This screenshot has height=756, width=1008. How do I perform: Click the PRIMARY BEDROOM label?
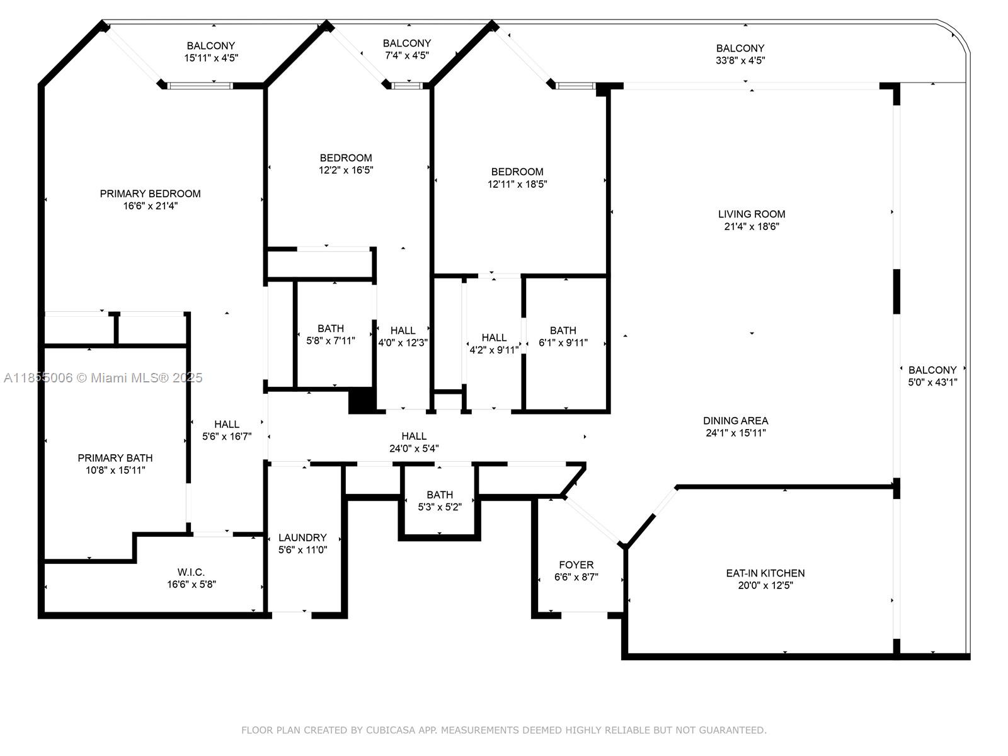click(x=150, y=193)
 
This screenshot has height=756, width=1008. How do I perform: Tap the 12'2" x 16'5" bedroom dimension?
click(x=346, y=170)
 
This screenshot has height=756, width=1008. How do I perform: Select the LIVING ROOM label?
click(x=752, y=214)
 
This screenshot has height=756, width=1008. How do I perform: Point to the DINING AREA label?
click(x=735, y=421)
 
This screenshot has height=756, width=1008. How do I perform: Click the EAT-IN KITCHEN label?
click(x=765, y=573)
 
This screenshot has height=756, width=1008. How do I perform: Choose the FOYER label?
click(x=576, y=565)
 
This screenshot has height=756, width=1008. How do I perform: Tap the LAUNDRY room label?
click(x=302, y=537)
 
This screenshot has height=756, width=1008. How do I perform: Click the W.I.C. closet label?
click(x=191, y=572)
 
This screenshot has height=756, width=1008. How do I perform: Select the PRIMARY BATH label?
click(x=115, y=458)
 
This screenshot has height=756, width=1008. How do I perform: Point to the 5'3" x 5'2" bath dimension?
click(x=440, y=507)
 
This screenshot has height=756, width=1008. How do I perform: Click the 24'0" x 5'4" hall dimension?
click(x=414, y=449)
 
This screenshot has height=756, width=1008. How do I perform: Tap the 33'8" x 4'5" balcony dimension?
click(x=740, y=60)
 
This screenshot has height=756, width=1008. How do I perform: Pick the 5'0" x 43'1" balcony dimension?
click(x=932, y=382)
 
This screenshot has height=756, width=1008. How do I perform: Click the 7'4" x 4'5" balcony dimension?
click(x=406, y=55)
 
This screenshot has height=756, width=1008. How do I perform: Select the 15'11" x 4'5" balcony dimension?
click(x=210, y=58)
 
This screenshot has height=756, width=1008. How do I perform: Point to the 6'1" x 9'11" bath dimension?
click(x=563, y=343)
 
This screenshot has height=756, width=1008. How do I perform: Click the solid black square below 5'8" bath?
click(x=362, y=401)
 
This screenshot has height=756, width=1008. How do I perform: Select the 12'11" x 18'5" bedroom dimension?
click(x=517, y=185)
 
